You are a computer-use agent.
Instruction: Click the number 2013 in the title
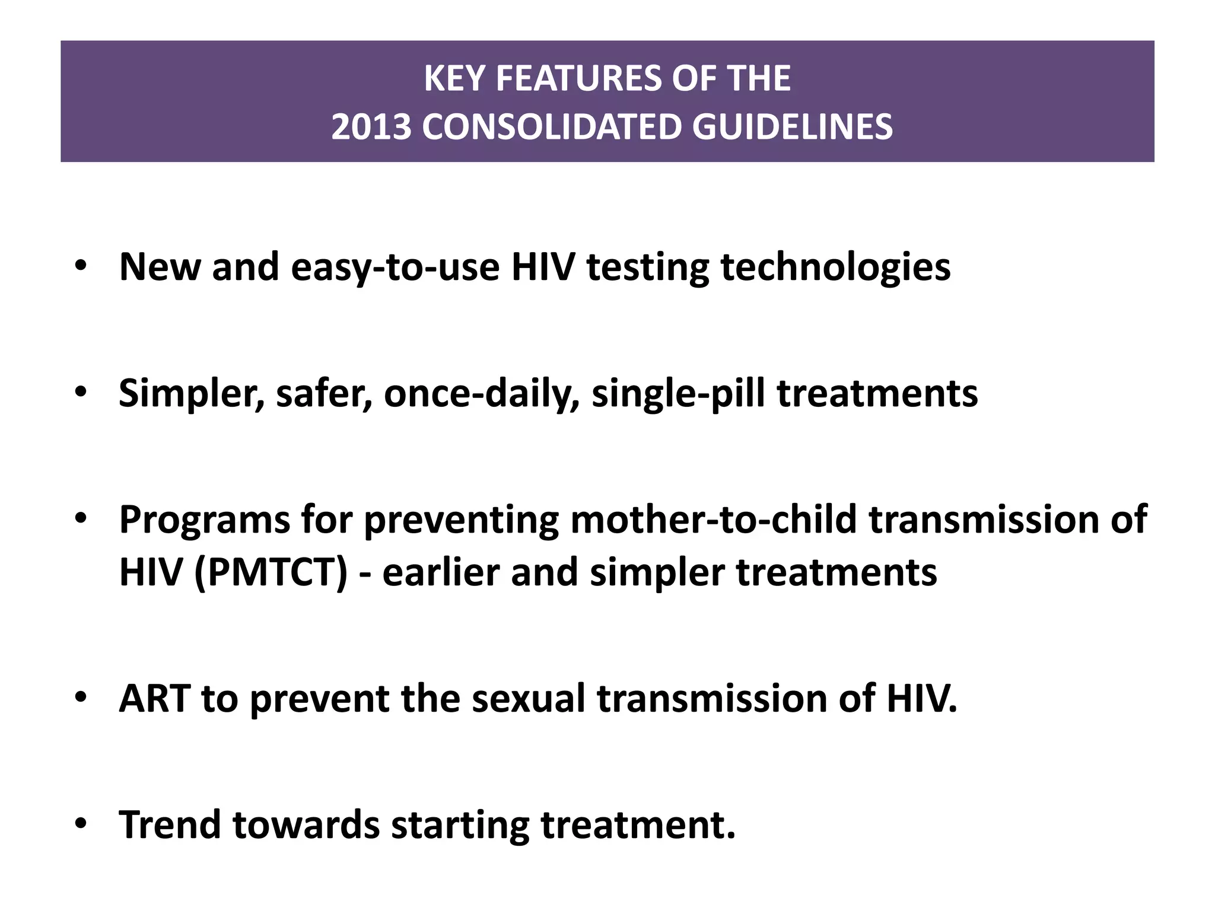(371, 127)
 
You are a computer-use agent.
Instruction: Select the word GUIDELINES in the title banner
(792, 127)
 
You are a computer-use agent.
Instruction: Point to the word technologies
(835, 267)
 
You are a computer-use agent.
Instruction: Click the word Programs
(204, 520)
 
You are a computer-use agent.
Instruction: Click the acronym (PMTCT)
(271, 573)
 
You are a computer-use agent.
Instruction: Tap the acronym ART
(155, 699)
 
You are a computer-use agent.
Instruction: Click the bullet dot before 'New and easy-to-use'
(81, 265)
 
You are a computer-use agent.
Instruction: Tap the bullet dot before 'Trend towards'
(81, 824)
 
